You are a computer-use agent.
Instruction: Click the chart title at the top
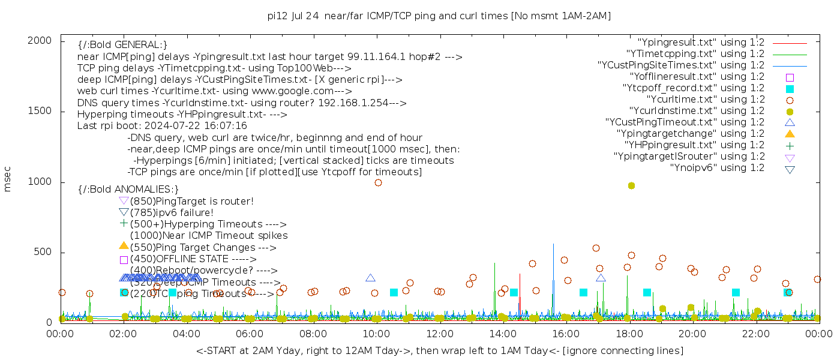[x=439, y=16]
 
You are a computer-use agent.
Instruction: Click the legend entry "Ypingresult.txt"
[x=701, y=43]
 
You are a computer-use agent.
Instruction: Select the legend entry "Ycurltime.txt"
[x=706, y=100]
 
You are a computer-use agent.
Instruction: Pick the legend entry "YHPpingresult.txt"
[x=694, y=145]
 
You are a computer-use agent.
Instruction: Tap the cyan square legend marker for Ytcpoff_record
[x=790, y=89]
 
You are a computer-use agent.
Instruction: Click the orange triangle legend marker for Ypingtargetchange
[x=790, y=134]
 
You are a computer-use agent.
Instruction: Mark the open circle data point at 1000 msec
[x=378, y=182]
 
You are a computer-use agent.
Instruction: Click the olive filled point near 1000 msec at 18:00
[x=631, y=185]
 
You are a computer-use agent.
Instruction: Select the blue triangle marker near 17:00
[x=601, y=278]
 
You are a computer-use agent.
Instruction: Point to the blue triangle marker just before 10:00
[x=370, y=278]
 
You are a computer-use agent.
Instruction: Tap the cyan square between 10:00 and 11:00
[x=394, y=293]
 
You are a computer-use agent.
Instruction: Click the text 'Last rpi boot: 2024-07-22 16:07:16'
[x=162, y=126]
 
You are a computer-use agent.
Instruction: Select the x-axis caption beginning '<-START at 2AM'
[x=440, y=350]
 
